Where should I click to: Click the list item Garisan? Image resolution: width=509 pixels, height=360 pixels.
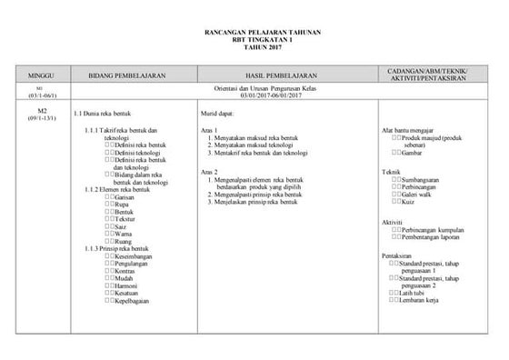coord(127,196)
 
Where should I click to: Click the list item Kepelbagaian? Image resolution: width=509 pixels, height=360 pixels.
coord(133,300)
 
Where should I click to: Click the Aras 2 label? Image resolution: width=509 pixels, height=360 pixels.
coord(210,172)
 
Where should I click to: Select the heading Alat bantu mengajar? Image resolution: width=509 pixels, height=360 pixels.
coord(407,129)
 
